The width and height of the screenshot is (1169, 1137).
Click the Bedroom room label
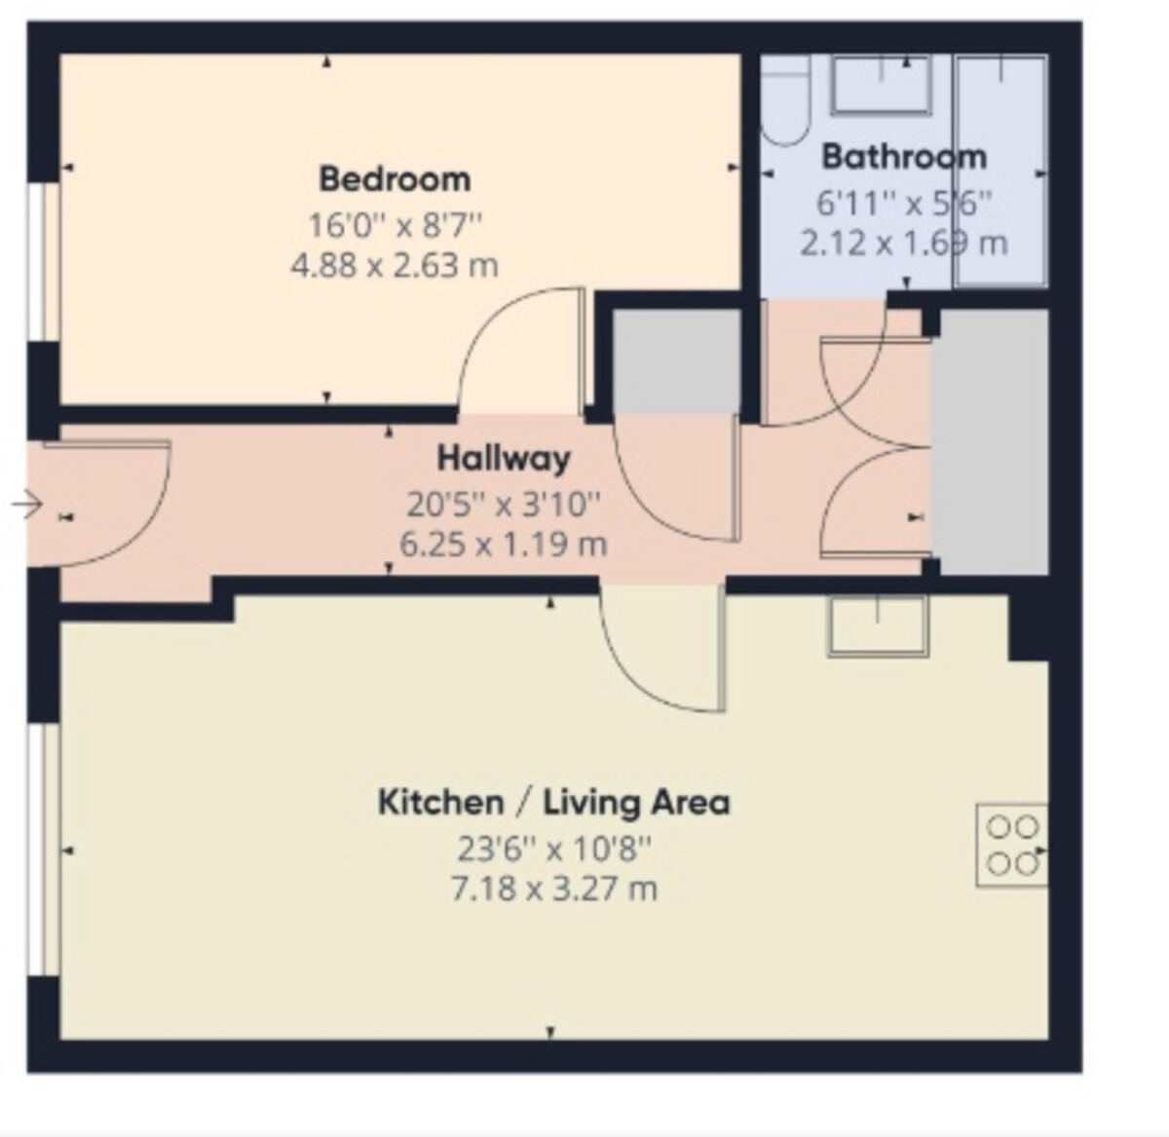[395, 179]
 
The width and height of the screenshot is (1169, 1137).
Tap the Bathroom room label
[904, 156]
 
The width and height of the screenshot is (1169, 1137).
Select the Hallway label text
[504, 458]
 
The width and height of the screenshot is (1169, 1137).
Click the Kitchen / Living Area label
[553, 803]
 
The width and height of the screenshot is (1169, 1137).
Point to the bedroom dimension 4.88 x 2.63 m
[395, 265]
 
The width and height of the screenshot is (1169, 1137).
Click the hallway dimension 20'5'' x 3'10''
[504, 504]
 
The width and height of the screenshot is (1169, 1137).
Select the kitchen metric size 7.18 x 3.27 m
[553, 889]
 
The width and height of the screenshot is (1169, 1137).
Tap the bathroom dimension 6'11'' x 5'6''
[904, 203]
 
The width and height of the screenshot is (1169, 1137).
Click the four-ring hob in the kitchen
[1012, 845]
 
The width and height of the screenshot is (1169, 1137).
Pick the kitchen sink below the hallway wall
[879, 625]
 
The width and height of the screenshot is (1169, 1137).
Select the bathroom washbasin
[881, 85]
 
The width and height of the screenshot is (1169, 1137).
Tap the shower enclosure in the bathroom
[1001, 171]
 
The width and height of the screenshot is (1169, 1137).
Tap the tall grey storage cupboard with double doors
[992, 441]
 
